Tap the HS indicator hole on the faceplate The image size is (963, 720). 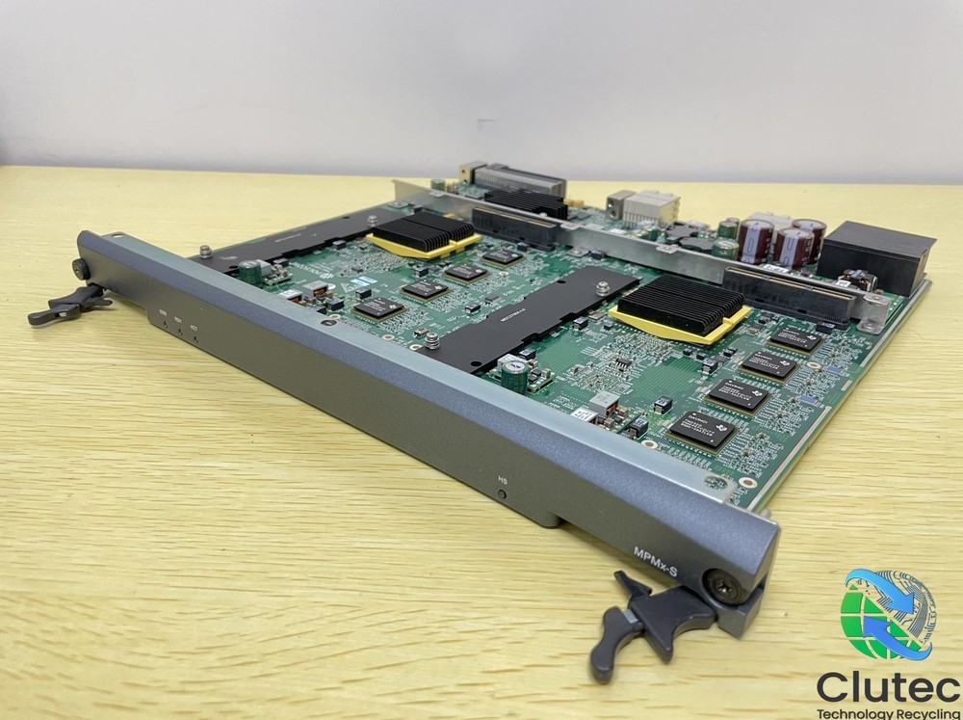(x=503, y=493)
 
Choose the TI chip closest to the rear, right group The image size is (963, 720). (x=794, y=337)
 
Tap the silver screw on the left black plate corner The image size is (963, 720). (x=205, y=253)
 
